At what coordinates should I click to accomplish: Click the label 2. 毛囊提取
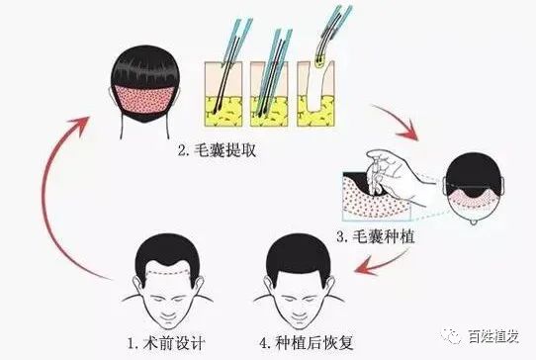[x=217, y=150]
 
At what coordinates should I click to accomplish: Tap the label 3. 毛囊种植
[x=376, y=236]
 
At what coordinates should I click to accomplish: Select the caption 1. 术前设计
[x=166, y=343]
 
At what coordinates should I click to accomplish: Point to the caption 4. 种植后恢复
[x=307, y=342]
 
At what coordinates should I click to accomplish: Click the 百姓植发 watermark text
[x=493, y=336]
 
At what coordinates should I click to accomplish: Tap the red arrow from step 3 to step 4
[x=380, y=263]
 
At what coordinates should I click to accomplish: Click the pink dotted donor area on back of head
[x=144, y=99]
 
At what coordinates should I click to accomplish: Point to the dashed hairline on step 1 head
[x=167, y=273]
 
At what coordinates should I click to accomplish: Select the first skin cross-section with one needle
[x=223, y=94]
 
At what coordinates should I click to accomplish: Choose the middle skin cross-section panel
[x=269, y=94]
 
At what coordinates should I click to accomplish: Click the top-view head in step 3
[x=474, y=187]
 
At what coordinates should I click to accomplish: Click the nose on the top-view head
[x=474, y=223]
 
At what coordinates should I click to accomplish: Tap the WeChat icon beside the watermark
[x=451, y=336]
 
